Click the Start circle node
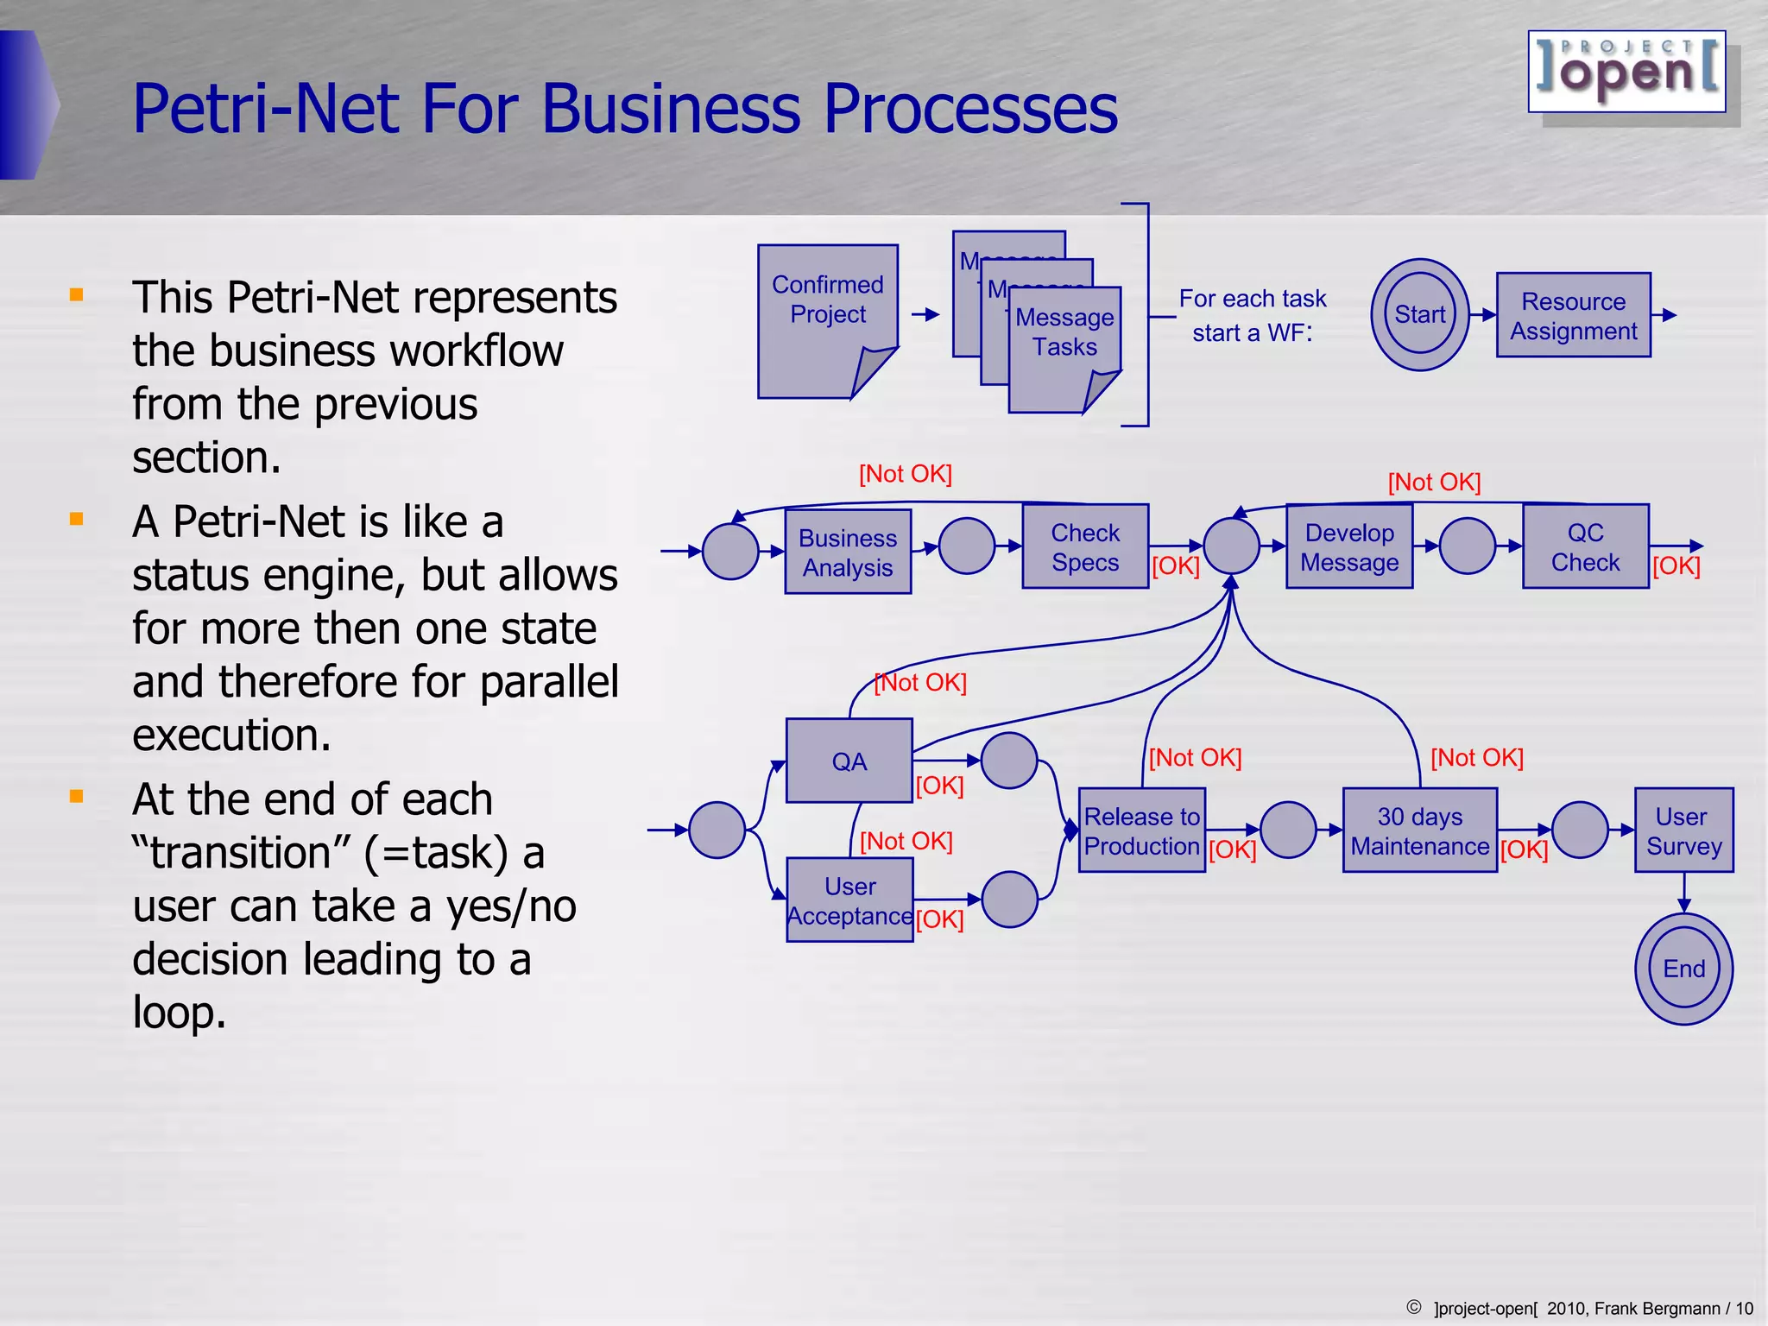[1419, 314]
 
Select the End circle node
[1683, 969]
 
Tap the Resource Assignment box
[1573, 315]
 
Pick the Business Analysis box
[848, 552]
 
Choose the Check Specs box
[1085, 546]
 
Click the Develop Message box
[1349, 546]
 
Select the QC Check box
[1585, 546]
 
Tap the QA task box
[849, 761]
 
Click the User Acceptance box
[849, 900]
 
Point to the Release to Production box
[1141, 830]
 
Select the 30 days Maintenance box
[1419, 830]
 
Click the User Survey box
[1683, 830]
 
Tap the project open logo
[1626, 72]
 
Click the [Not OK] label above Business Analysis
[905, 474]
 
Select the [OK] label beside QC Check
[1676, 566]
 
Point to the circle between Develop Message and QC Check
[1468, 546]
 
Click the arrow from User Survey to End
[1683, 893]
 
